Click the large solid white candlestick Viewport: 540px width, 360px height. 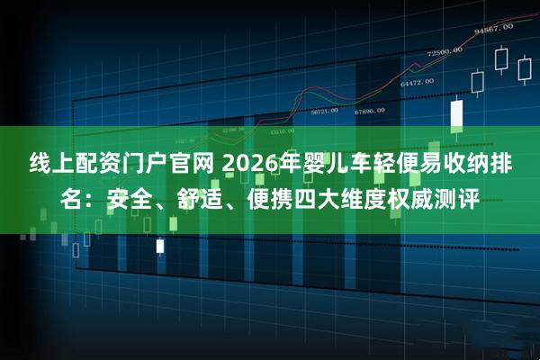pyautogui.click(x=456, y=113)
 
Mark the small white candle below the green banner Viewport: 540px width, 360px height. pyautogui.click(x=160, y=245)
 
